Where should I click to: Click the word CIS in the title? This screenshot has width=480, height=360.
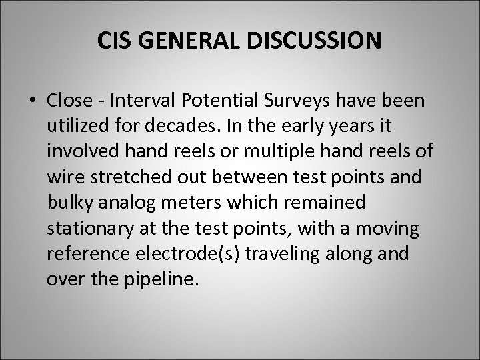click(x=112, y=41)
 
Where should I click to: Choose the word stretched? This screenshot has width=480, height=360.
click(x=120, y=175)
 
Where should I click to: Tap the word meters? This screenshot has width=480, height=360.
click(x=183, y=201)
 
